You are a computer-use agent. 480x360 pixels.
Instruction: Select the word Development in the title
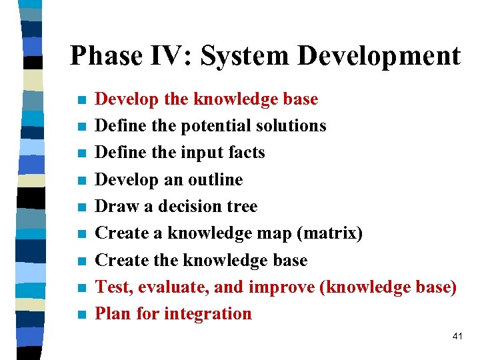click(x=379, y=56)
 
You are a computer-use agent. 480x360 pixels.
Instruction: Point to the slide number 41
click(x=457, y=337)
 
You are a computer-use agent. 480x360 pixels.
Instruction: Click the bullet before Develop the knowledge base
click(x=81, y=101)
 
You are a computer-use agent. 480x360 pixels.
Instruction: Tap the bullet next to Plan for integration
click(x=81, y=315)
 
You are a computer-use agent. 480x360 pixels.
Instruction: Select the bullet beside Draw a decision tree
click(x=81, y=207)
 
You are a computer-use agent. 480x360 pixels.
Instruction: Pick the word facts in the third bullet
click(x=247, y=153)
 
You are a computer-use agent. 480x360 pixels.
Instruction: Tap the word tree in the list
click(x=241, y=207)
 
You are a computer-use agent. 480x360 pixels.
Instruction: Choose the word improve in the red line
click(x=280, y=287)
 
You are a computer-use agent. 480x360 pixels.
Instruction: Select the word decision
click(x=186, y=207)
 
